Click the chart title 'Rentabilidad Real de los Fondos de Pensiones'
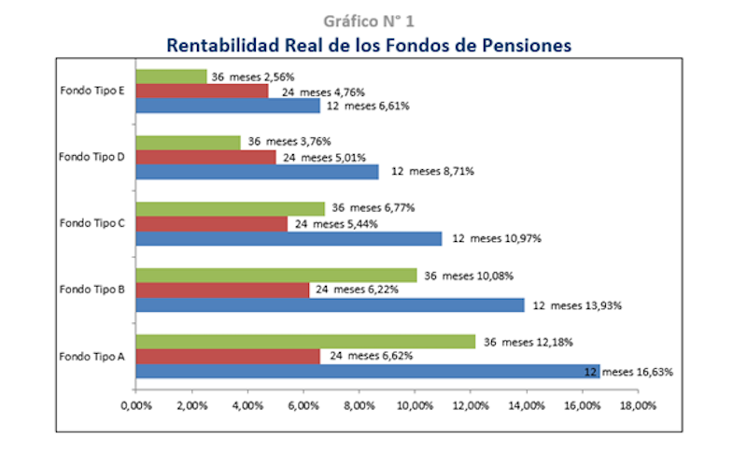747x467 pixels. point(369,44)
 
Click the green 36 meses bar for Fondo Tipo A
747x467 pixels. point(305,342)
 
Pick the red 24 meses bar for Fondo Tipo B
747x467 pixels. point(222,290)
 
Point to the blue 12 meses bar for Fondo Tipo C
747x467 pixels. point(289,238)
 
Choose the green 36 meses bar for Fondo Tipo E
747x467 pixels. point(171,77)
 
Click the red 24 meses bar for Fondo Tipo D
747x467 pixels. point(205,157)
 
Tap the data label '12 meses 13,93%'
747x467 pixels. point(577,305)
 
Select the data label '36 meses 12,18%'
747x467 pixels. point(528,342)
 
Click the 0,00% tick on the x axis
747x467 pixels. point(136,405)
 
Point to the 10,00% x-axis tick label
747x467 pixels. point(415,405)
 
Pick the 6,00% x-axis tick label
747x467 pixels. point(303,405)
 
